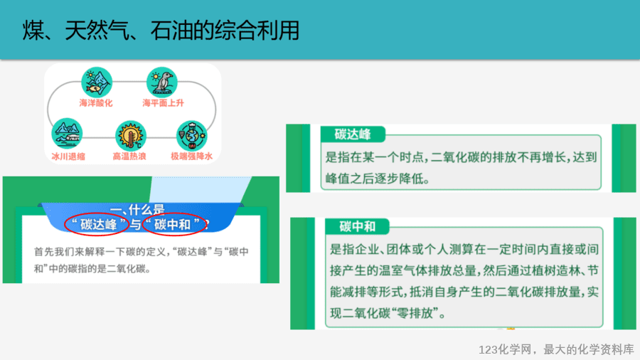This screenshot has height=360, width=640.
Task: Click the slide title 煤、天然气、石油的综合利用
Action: [x=161, y=31]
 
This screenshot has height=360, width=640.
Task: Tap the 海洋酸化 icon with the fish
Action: [x=97, y=82]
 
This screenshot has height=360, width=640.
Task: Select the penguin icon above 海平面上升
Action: [x=162, y=82]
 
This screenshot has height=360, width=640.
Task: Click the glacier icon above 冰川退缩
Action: [x=67, y=134]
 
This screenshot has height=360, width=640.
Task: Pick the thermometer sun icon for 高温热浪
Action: [x=130, y=136]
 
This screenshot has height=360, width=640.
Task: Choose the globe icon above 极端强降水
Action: [x=191, y=135]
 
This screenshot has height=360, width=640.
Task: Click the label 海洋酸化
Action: [x=96, y=103]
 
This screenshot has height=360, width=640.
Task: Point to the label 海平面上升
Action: [x=163, y=103]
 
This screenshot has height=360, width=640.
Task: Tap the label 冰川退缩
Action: [x=68, y=157]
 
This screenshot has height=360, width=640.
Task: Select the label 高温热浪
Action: [x=129, y=157]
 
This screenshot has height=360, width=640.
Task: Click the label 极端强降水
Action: [x=191, y=157]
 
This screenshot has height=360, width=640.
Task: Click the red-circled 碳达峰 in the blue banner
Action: [x=98, y=224]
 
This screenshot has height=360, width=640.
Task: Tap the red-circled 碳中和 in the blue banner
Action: [x=172, y=224]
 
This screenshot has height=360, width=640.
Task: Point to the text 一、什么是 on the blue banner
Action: [x=137, y=210]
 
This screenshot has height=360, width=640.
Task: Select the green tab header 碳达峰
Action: [x=353, y=134]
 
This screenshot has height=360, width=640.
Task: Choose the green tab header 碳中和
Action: [x=357, y=226]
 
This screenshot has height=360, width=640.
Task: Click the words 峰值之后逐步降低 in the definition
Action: [x=374, y=179]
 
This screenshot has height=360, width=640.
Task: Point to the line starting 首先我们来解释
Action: [x=142, y=251]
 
